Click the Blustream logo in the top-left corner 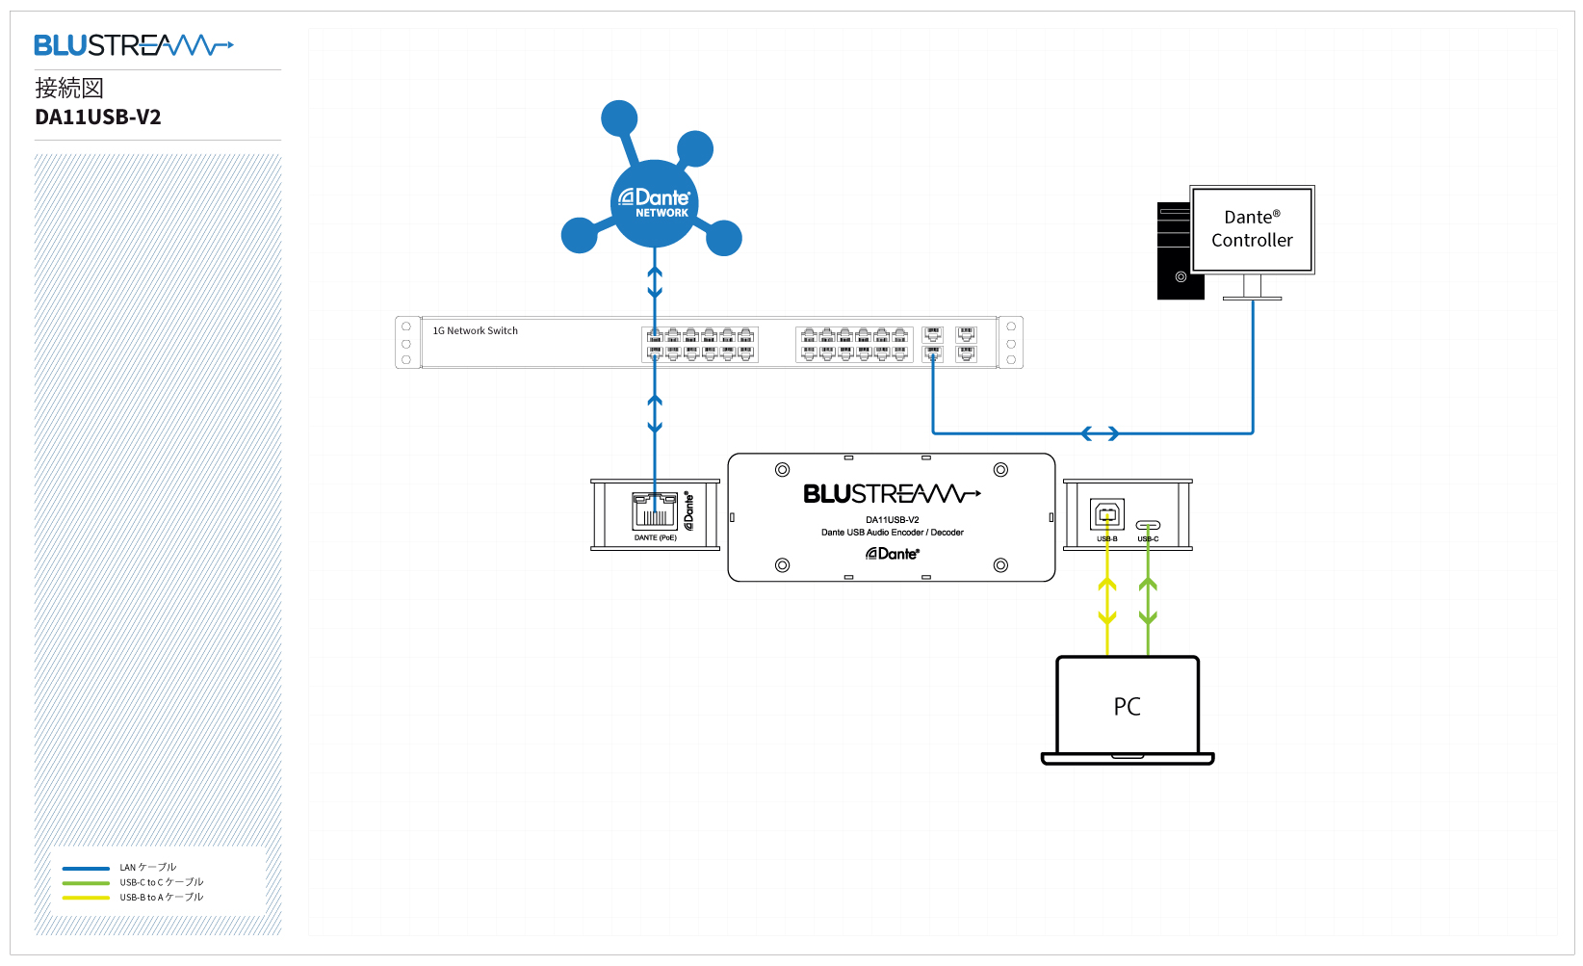(133, 45)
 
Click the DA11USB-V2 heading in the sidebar (98, 117)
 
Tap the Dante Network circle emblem (655, 203)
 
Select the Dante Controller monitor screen (1252, 229)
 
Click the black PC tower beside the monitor (1175, 250)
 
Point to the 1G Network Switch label (475, 331)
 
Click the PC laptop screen (1127, 706)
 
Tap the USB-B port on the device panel (1107, 514)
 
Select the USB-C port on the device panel (1148, 525)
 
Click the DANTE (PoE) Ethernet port (655, 509)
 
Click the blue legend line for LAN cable (86, 868)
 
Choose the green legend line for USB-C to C (86, 883)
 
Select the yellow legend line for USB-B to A (86, 898)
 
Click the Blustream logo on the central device (892, 494)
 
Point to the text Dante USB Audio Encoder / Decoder (892, 533)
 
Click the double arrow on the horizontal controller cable (1100, 433)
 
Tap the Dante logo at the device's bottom (893, 554)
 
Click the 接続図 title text (69, 89)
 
